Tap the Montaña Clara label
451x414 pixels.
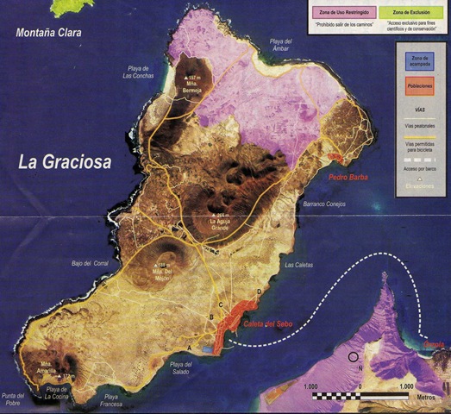coord(53,34)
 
